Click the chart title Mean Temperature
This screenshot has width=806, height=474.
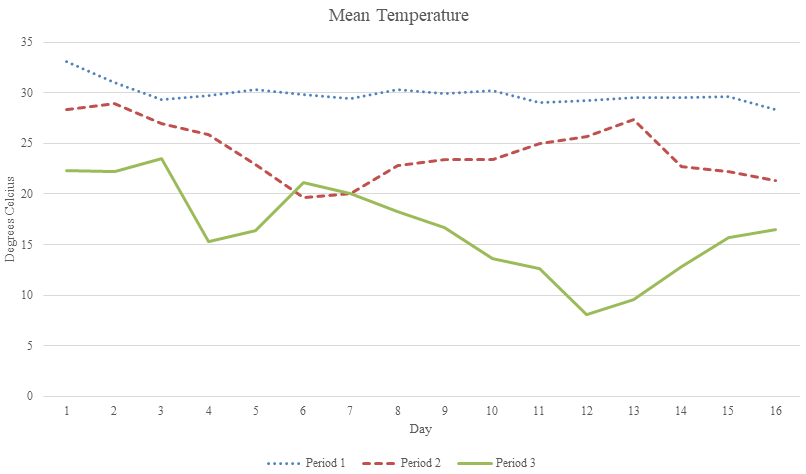click(398, 16)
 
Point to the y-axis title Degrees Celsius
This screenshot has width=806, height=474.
click(10, 219)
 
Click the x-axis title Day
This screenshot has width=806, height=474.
click(419, 428)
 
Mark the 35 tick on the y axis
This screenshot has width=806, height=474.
click(27, 42)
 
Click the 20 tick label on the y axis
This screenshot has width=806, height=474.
click(27, 194)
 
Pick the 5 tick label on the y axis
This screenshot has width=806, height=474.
click(30, 346)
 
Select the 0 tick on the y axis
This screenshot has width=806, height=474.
click(30, 397)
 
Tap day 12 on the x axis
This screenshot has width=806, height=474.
click(585, 411)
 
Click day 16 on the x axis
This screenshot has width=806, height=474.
click(775, 411)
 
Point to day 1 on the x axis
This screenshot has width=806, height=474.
click(67, 411)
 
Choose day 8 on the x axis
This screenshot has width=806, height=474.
click(397, 411)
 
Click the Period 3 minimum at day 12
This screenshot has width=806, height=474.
click(586, 315)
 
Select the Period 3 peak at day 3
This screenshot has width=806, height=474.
click(161, 158)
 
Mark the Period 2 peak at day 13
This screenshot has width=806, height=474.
click(633, 119)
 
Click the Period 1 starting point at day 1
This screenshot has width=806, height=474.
click(67, 61)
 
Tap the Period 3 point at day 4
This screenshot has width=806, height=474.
click(208, 241)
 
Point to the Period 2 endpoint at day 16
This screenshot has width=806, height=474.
click(775, 181)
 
